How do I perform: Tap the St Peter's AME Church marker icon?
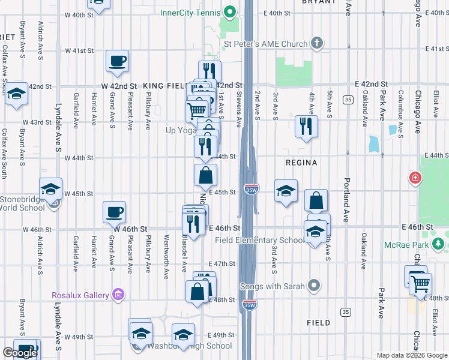(318, 43)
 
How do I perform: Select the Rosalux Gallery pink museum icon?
(119, 295)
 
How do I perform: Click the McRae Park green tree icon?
(439, 244)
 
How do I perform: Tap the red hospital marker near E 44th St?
(414, 178)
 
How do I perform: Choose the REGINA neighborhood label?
(302, 163)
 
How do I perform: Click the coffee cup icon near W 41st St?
(117, 61)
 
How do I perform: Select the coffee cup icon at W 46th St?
(114, 212)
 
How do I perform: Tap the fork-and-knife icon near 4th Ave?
(306, 126)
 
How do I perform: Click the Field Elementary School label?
(260, 241)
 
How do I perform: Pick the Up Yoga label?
(182, 130)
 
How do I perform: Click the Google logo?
(20, 353)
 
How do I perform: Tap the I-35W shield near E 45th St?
(251, 190)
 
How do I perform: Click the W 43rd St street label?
(37, 122)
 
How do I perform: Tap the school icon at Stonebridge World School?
(51, 189)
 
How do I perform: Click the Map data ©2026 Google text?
(411, 355)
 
